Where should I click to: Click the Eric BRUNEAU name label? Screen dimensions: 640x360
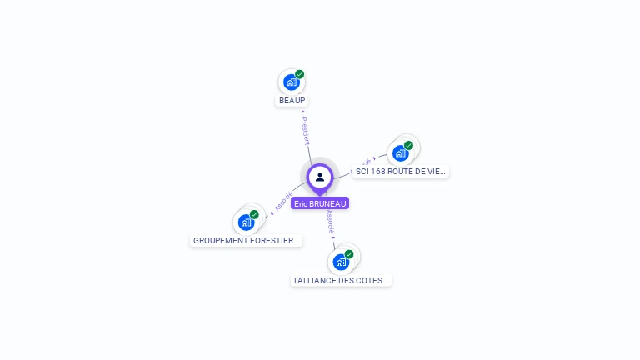pyautogui.click(x=320, y=203)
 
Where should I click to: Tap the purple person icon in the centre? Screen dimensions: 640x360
pyautogui.click(x=320, y=177)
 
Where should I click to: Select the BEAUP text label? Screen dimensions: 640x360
pyautogui.click(x=292, y=101)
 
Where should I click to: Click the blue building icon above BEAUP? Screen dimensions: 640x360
pyautogui.click(x=291, y=82)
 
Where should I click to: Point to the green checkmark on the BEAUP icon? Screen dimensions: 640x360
pyautogui.click(x=300, y=74)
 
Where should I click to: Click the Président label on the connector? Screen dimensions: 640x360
pyautogui.click(x=306, y=131)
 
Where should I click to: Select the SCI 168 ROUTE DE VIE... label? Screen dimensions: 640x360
pyautogui.click(x=400, y=172)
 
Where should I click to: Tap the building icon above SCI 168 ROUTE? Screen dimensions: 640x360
pyautogui.click(x=400, y=153)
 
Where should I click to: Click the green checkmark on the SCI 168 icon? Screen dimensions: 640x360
pyautogui.click(x=408, y=145)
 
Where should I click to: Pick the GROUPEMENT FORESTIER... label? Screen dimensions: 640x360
pyautogui.click(x=246, y=241)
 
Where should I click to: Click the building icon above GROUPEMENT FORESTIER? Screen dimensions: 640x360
pyautogui.click(x=246, y=222)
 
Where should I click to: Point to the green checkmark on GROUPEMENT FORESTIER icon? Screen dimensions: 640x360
pyautogui.click(x=254, y=214)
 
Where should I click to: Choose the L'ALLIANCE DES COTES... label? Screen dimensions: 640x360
pyautogui.click(x=341, y=281)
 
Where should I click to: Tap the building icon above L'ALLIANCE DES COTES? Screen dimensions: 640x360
pyautogui.click(x=340, y=262)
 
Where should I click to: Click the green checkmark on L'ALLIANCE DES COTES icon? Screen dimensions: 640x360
pyautogui.click(x=349, y=254)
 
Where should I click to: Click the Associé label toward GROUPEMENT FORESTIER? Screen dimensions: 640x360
pyautogui.click(x=283, y=201)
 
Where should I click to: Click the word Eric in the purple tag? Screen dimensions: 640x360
pyautogui.click(x=301, y=203)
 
